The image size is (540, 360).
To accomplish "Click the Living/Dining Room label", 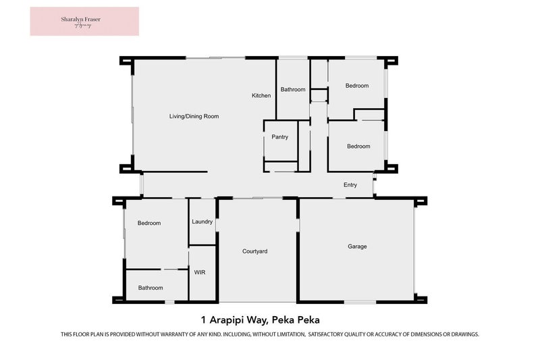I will point(194,117).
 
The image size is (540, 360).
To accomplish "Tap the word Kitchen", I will point(261,96).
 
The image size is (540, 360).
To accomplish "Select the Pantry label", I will point(280,137).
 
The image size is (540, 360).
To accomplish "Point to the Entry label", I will point(350,185).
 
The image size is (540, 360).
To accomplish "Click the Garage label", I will point(357,247).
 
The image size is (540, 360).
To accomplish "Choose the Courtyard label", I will point(255,251).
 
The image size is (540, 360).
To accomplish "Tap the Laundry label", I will point(202,222).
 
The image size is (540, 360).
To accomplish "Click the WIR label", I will point(200,272).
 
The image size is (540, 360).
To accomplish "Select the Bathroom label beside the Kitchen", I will point(294,90).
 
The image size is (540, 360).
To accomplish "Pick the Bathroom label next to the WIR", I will point(151,288).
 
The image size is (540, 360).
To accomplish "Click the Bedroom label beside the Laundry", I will point(149,224).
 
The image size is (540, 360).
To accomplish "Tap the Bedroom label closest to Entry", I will point(358,147).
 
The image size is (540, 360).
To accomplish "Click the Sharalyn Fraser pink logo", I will point(84,22).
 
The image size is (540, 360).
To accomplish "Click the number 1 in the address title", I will point(203,319).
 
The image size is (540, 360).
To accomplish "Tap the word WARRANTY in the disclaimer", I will point(181,334).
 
